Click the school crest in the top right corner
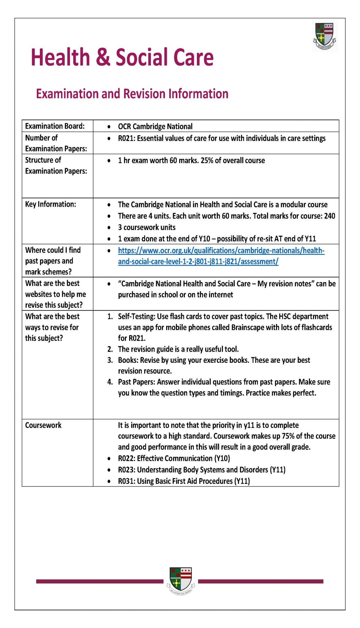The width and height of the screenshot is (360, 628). (324, 36)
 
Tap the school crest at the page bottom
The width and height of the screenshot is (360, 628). (181, 580)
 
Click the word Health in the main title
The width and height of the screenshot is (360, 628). (60, 57)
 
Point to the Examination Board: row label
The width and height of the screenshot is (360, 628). (55, 126)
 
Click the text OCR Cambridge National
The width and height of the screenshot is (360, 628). (155, 126)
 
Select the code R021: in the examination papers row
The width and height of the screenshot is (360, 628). (127, 138)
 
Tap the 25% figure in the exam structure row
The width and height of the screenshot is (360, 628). (207, 160)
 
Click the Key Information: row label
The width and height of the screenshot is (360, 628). (50, 204)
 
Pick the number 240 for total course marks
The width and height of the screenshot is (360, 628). (329, 216)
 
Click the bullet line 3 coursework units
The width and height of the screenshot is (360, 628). (147, 227)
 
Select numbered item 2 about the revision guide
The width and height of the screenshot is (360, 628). (178, 349)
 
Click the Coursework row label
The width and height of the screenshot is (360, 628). (43, 425)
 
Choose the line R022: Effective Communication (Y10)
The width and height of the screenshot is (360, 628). (174, 458)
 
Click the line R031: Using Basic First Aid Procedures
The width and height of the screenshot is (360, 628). (184, 481)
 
